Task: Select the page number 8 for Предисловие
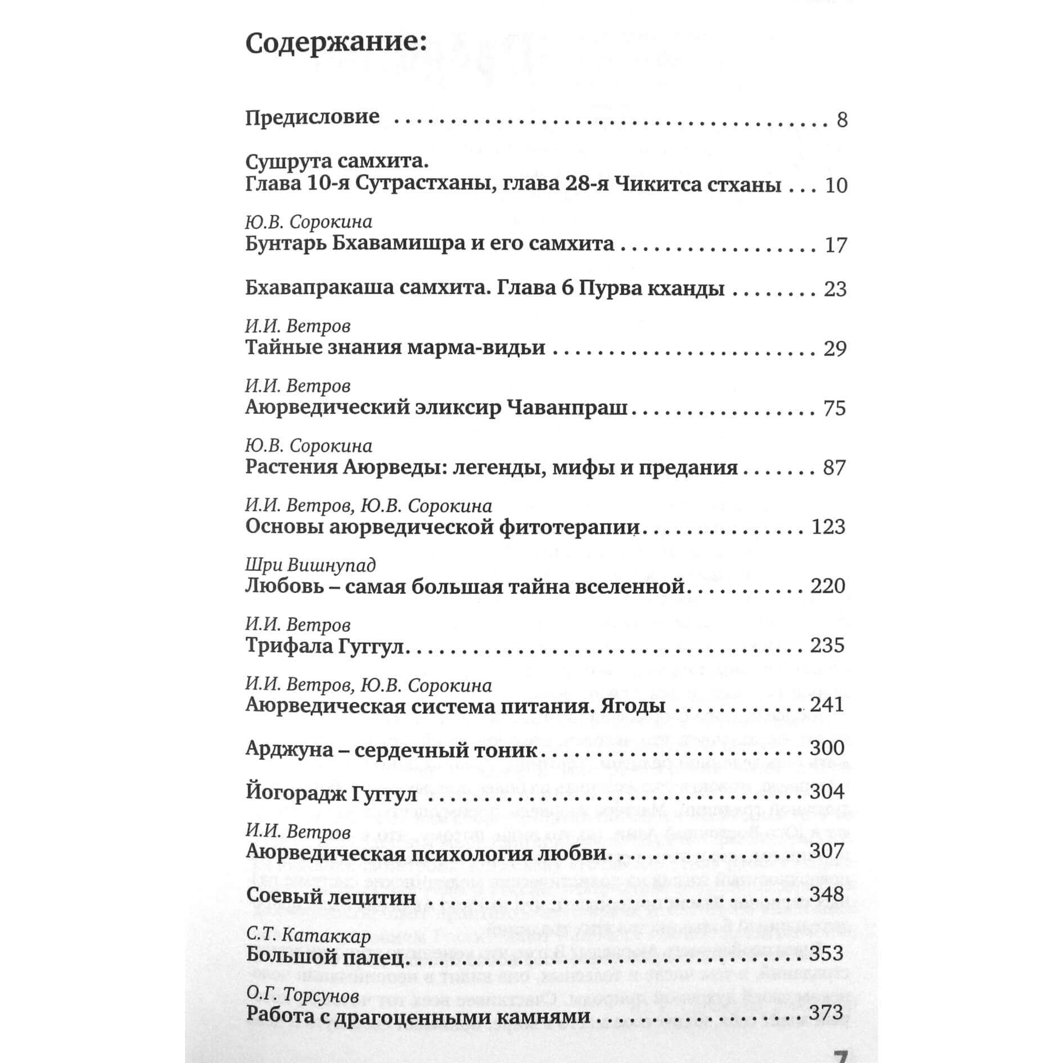[841, 120]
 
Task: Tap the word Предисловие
[312, 117]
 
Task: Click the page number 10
[836, 186]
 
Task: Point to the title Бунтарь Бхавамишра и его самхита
[430, 244]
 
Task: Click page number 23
[835, 289]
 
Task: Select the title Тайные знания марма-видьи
[395, 348]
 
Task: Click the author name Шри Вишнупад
[310, 565]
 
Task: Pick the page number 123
[828, 527]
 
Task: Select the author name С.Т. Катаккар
[309, 936]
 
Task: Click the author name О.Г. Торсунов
[303, 996]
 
